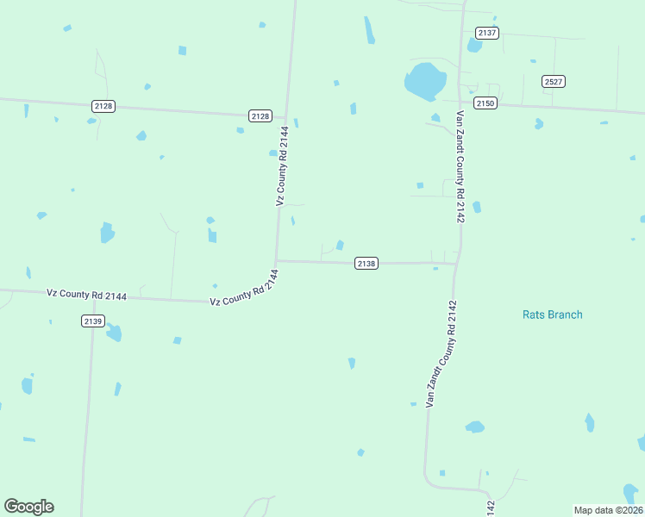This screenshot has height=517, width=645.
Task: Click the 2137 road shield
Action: [x=487, y=33]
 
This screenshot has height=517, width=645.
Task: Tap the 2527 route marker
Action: [x=554, y=81]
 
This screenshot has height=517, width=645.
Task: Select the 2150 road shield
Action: [x=485, y=103]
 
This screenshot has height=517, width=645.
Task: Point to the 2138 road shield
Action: [x=366, y=263]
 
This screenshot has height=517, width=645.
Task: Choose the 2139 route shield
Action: [x=93, y=321]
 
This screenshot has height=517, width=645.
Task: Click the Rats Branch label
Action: [x=552, y=315]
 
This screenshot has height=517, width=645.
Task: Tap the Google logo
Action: [x=28, y=507]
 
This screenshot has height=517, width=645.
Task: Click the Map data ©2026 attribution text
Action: [x=608, y=509]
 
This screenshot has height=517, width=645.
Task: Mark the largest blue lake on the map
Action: [x=425, y=81]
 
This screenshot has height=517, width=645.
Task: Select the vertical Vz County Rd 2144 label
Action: [x=281, y=166]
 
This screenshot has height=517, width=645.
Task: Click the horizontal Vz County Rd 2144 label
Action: [x=86, y=295]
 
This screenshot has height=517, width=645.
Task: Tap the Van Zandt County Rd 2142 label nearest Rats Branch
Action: [x=440, y=353]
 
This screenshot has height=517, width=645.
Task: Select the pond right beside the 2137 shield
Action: [x=474, y=45]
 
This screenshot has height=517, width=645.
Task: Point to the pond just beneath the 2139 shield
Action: [x=114, y=333]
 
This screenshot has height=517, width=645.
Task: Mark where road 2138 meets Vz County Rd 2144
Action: [x=276, y=260]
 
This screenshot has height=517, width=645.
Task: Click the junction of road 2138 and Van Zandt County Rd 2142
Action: [x=457, y=263]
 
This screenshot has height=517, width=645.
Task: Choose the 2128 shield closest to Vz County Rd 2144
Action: [x=260, y=115]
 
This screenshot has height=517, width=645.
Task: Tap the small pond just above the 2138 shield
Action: [x=341, y=246]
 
